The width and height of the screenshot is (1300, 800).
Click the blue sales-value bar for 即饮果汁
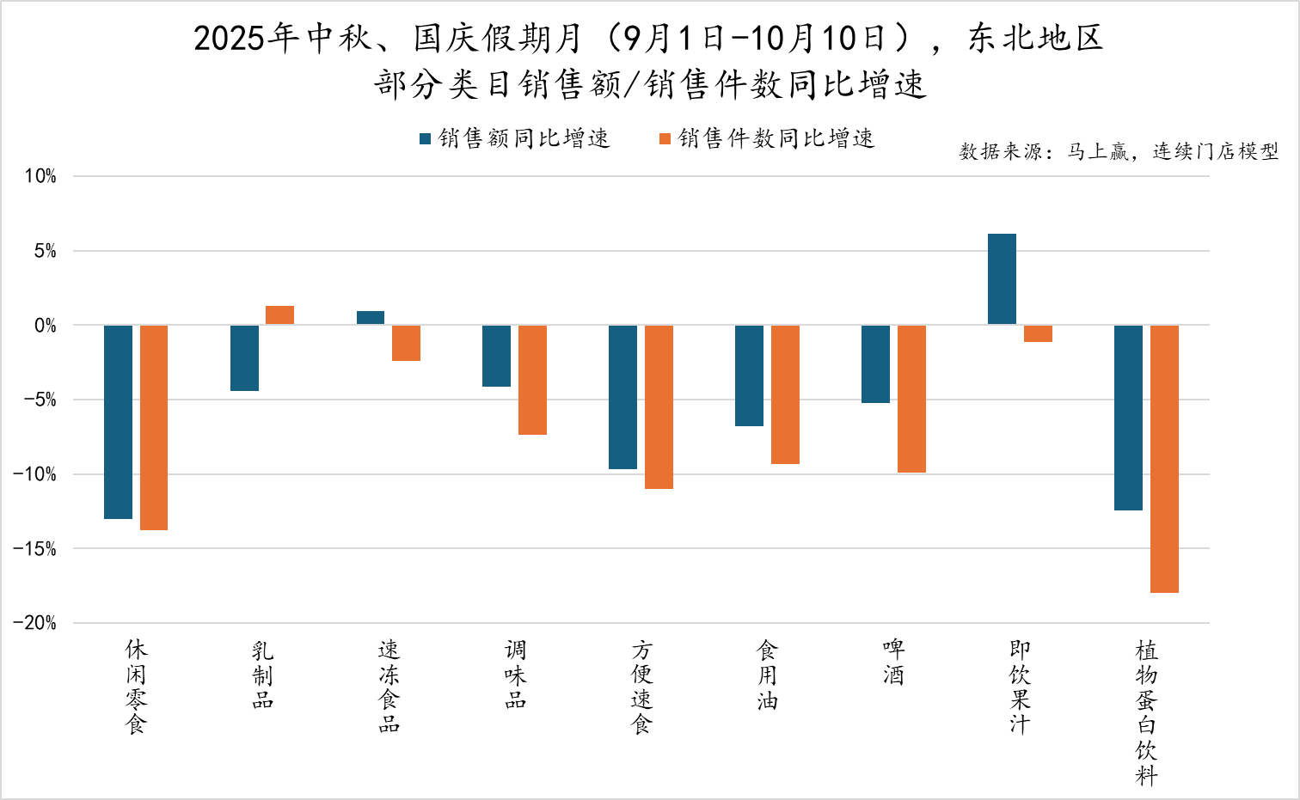tap(1002, 279)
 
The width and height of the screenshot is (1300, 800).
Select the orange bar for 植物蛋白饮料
tap(1164, 459)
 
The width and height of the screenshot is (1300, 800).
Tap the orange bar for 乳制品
tap(279, 315)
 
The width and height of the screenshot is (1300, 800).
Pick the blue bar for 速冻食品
tap(371, 318)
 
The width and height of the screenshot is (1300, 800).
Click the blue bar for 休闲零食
tap(118, 422)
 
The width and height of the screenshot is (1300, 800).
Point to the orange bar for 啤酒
tap(911, 399)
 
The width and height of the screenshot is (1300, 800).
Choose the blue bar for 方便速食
tap(622, 397)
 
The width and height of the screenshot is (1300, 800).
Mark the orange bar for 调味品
tap(532, 380)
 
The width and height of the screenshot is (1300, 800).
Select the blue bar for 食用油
tap(749, 376)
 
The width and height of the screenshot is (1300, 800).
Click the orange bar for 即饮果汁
tap(1038, 333)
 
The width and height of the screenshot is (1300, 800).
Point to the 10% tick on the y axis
tap(40, 176)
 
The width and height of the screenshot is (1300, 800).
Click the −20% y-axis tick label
tap(35, 623)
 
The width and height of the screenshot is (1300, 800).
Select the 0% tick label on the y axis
tap(45, 326)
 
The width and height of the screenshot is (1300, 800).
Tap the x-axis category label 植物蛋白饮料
tap(1146, 712)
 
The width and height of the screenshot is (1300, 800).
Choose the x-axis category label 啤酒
tap(893, 662)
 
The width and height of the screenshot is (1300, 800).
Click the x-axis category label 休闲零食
tap(136, 687)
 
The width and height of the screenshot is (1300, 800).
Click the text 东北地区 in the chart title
tap(1036, 39)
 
